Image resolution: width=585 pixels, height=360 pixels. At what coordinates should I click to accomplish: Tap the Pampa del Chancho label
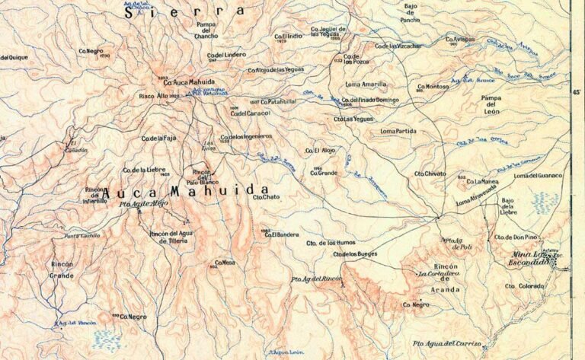click(207, 30)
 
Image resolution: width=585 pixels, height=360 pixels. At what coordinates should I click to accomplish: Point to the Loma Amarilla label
click(366, 84)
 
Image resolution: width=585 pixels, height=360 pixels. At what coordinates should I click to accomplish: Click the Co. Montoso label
click(433, 87)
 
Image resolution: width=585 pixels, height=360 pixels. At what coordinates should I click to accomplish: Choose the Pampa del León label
click(494, 104)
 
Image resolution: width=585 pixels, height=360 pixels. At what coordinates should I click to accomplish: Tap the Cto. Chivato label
click(430, 174)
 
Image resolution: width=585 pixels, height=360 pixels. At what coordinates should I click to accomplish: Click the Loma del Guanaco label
click(538, 176)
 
